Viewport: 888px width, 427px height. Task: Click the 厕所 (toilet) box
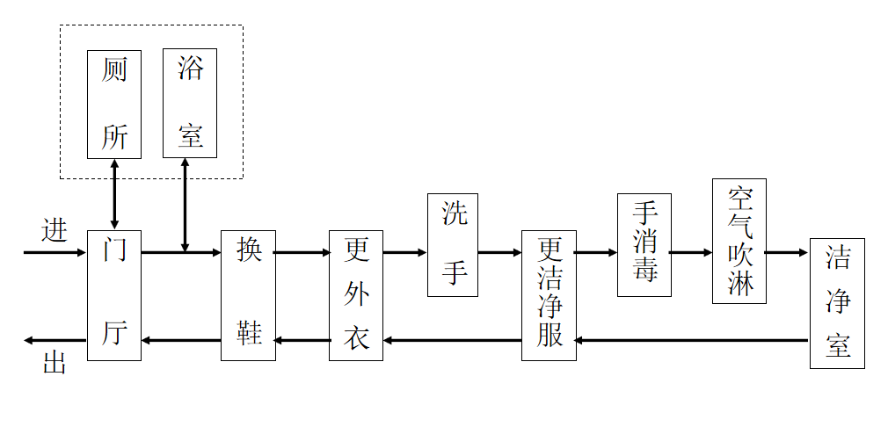[114, 104]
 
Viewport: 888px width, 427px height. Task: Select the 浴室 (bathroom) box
[189, 104]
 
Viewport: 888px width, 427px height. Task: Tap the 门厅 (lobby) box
[114, 295]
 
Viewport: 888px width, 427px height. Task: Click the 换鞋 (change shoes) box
[247, 295]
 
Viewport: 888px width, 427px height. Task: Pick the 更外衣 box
[356, 295]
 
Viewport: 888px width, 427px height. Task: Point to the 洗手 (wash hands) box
[453, 244]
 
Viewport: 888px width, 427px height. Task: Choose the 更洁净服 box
[549, 295]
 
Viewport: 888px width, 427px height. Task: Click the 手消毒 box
[644, 244]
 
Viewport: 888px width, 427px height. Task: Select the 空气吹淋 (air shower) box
[739, 241]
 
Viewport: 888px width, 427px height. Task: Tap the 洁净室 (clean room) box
[836, 303]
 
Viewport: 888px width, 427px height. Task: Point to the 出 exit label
[55, 363]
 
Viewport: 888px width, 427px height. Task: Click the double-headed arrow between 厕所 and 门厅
[114, 194]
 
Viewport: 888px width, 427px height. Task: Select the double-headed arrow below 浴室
[185, 205]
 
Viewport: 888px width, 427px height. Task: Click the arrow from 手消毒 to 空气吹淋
[691, 252]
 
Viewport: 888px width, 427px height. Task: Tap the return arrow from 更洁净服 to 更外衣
[452, 340]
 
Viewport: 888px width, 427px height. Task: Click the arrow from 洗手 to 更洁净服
[499, 252]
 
